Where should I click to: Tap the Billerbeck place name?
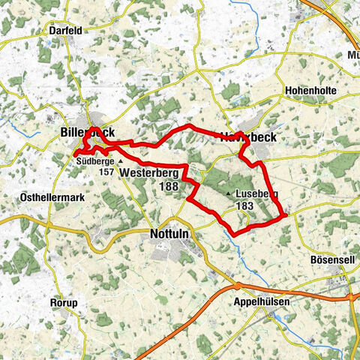tap(87, 133)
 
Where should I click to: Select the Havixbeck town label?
tap(248, 137)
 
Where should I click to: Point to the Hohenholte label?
tap(312, 90)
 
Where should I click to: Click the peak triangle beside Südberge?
tap(119, 160)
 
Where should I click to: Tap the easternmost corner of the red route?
tap(286, 215)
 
